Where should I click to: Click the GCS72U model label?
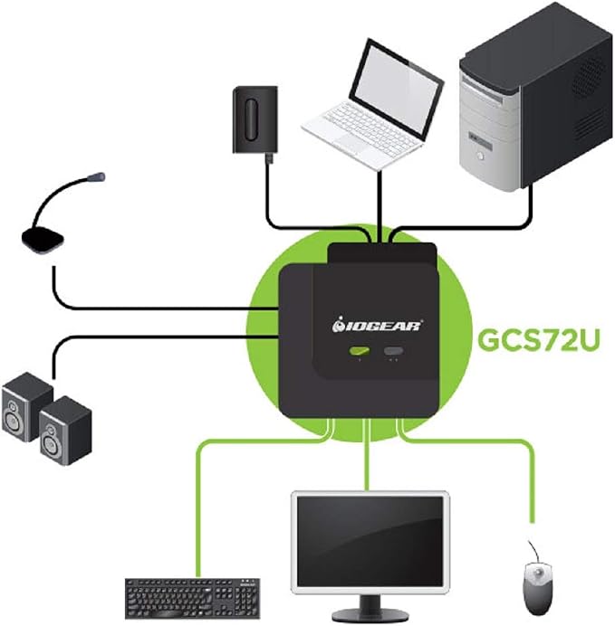(x=539, y=340)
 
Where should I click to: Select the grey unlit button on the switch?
(x=394, y=351)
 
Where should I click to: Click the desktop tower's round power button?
(x=480, y=156)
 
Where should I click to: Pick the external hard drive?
(x=255, y=119)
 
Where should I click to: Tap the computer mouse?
(x=538, y=589)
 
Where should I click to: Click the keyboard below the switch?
(x=193, y=598)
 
